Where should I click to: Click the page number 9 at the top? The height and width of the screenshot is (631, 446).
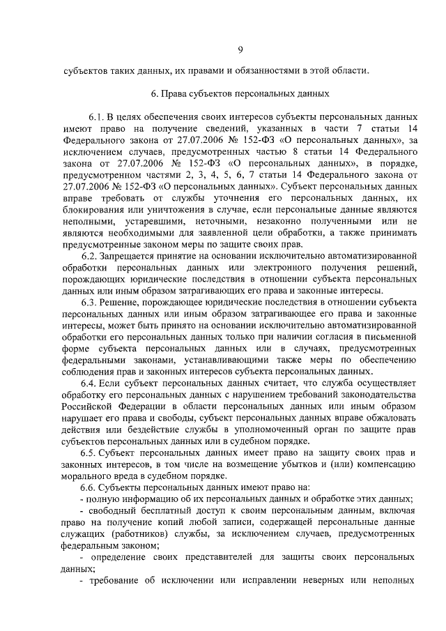pyautogui.click(x=240, y=48)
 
